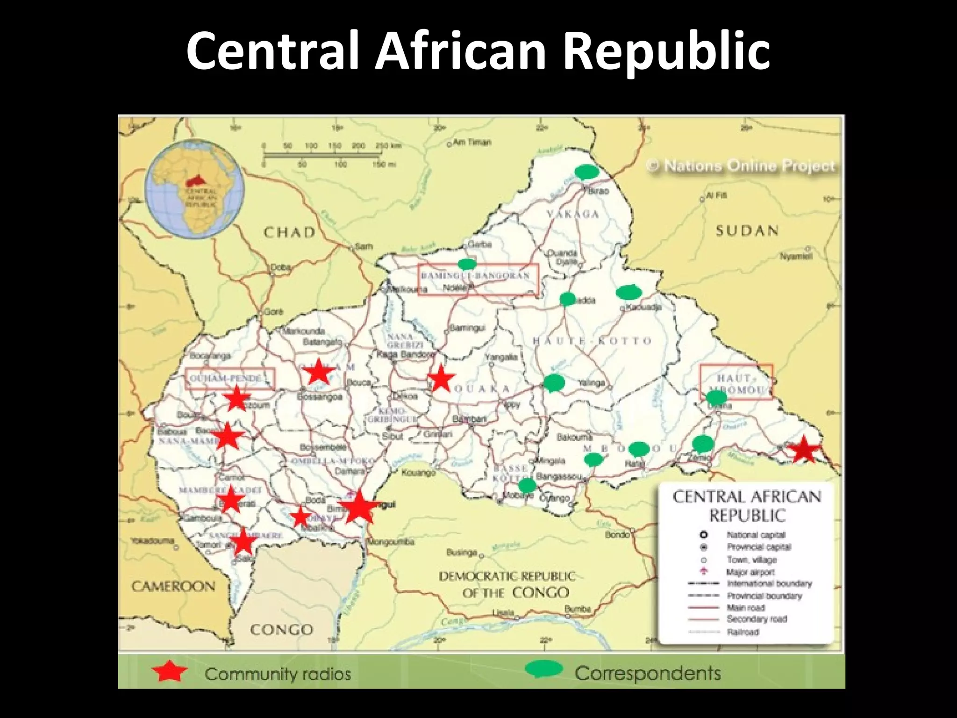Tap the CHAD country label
pos(289,232)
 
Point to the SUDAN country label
pos(747,230)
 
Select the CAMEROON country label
pos(173,586)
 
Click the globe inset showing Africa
pos(194,189)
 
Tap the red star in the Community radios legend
pos(169,672)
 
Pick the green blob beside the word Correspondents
pos(543,669)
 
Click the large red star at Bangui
pos(358,507)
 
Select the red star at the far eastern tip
pos(803,449)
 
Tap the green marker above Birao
pos(586,172)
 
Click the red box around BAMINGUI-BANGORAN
pos(478,280)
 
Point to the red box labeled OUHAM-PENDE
pos(230,378)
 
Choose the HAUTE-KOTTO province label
pos(592,341)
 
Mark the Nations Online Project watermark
pos(741,166)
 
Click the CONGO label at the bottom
pos(281,630)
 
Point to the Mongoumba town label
pos(391,542)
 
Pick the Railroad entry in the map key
pos(743,632)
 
